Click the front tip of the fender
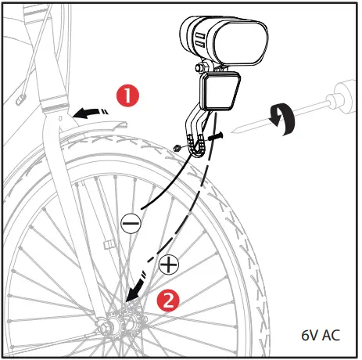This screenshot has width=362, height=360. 123,122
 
